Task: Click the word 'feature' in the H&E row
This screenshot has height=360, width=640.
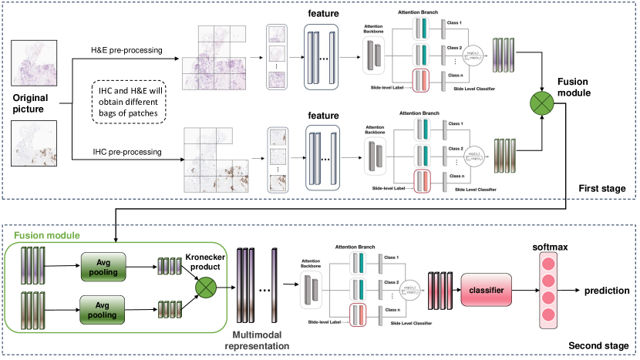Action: click(x=324, y=13)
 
